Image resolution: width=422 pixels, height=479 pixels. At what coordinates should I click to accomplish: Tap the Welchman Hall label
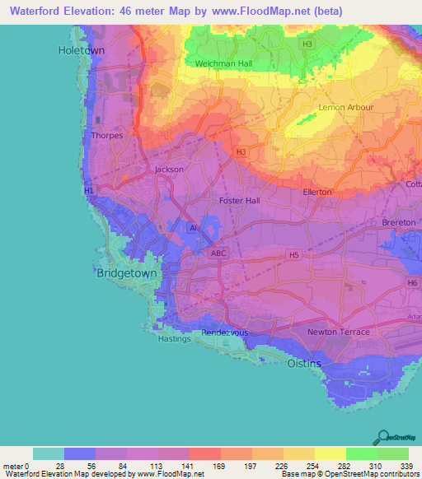coord(223,63)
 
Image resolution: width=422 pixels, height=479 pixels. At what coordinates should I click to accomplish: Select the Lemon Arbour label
coord(346,108)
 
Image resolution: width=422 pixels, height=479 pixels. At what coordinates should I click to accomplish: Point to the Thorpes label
coord(108,136)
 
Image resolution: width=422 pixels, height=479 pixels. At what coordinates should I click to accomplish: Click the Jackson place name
coord(169,170)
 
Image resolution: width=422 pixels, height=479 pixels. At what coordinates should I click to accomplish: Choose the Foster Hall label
coord(239,200)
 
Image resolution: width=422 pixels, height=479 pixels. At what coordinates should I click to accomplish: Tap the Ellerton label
coord(317,192)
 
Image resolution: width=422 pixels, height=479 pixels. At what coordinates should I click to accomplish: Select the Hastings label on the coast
coord(174,338)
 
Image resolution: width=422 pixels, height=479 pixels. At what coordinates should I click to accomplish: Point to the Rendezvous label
coord(227,333)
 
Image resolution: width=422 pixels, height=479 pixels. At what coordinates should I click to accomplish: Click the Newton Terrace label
coord(338,332)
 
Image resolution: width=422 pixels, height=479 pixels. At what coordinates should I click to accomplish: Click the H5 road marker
coord(292,255)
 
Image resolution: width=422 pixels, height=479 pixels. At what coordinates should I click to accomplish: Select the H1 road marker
coord(89,190)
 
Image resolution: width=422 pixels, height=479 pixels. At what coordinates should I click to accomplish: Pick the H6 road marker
coord(412,282)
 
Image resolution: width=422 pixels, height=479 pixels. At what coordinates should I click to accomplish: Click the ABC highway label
coord(218,253)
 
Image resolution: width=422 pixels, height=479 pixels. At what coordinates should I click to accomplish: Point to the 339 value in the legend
coord(408,467)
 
